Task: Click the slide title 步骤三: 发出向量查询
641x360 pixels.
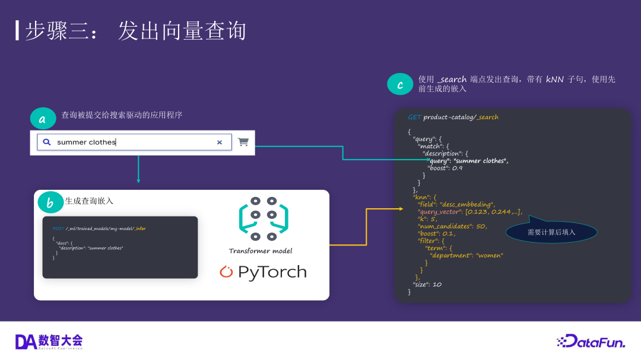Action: (135, 31)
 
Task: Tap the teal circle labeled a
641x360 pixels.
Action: (43, 119)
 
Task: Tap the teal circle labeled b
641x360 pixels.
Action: (50, 203)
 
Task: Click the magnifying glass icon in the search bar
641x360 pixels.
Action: (47, 142)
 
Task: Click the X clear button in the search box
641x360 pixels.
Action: (220, 142)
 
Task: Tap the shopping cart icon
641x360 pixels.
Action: (243, 142)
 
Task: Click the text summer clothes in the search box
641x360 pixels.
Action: (86, 142)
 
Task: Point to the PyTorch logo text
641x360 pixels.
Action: (263, 272)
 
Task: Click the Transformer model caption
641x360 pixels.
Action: (261, 251)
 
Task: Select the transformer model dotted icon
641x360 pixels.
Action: (264, 219)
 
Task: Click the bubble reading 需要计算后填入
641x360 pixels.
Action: (551, 232)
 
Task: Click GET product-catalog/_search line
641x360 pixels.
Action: (453, 117)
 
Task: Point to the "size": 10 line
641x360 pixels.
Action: (427, 285)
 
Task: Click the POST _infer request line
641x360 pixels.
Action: (99, 228)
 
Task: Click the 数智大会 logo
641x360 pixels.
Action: (49, 341)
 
